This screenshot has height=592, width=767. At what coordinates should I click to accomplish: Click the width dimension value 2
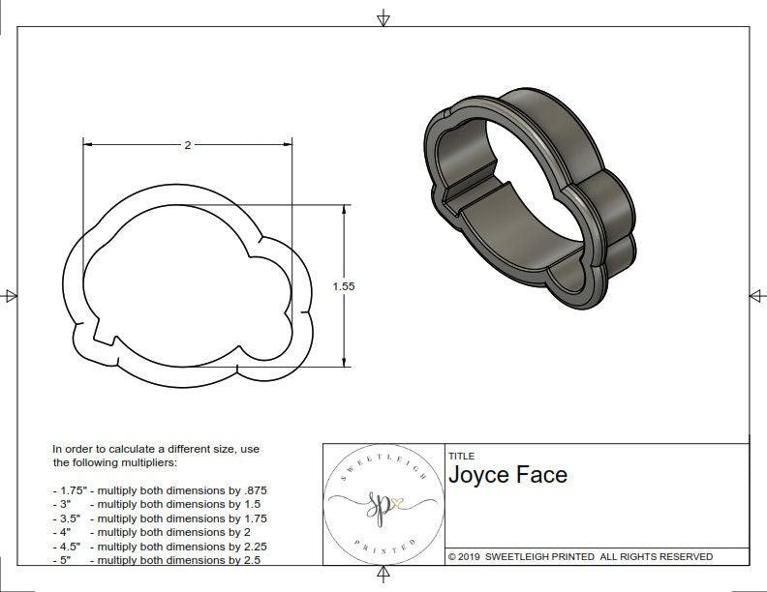[187, 145]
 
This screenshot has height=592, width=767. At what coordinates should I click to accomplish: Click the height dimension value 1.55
[344, 287]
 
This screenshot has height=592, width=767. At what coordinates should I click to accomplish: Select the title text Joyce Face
[507, 475]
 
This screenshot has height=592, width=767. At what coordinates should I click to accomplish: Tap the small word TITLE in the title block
[461, 456]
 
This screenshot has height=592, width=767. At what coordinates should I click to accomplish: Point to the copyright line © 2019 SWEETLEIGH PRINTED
[580, 556]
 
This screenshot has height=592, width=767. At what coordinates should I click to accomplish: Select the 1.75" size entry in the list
[70, 490]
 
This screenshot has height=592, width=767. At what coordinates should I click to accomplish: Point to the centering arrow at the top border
[383, 17]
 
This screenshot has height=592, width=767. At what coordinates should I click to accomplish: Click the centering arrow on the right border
[756, 295]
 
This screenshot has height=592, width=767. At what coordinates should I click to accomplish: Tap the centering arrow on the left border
[10, 295]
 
